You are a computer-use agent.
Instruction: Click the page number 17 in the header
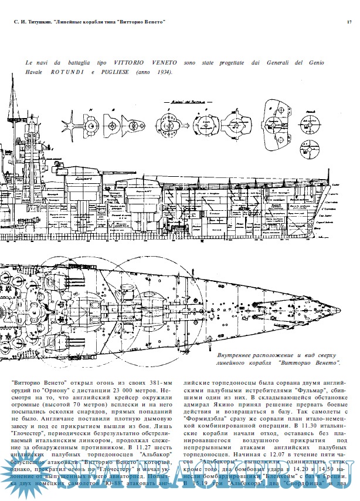(349, 22)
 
